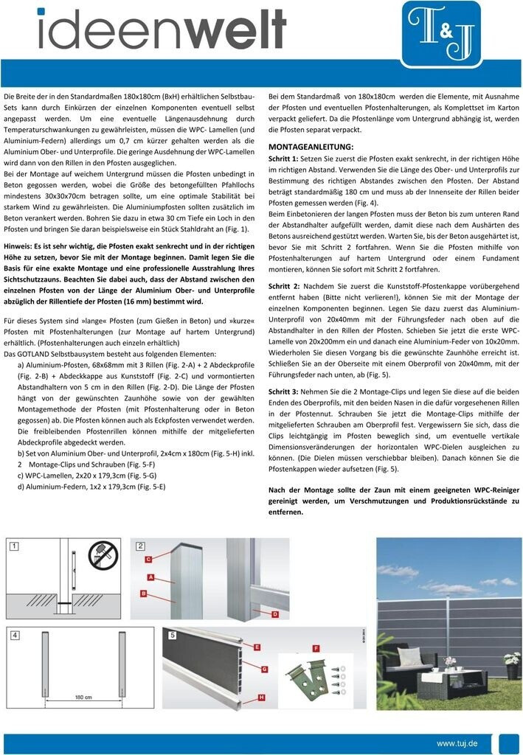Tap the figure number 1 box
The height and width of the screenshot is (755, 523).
(13, 546)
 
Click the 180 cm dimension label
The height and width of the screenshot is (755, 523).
(84, 695)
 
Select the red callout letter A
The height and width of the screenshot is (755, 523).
(150, 576)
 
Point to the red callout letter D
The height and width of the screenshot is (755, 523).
(274, 613)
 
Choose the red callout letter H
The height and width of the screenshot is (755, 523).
(261, 697)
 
